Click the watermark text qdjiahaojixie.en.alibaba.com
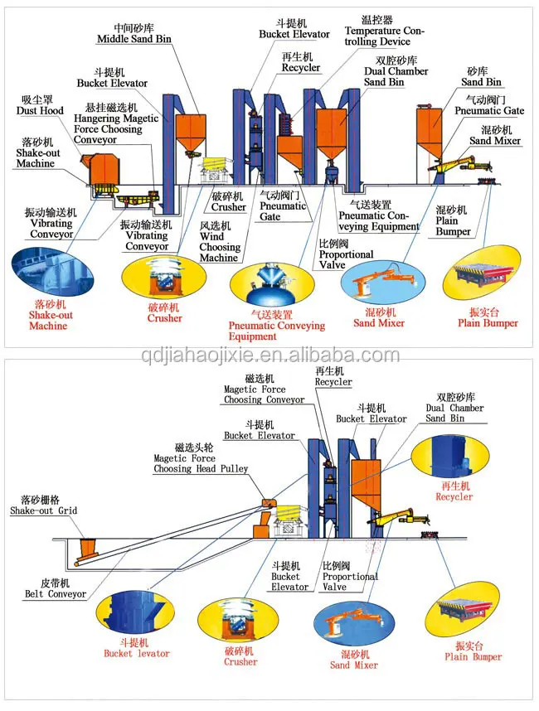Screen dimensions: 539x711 pos(270,355)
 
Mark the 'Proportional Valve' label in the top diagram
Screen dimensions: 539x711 pos(346,254)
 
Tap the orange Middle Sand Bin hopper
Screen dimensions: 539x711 pos(191,133)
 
